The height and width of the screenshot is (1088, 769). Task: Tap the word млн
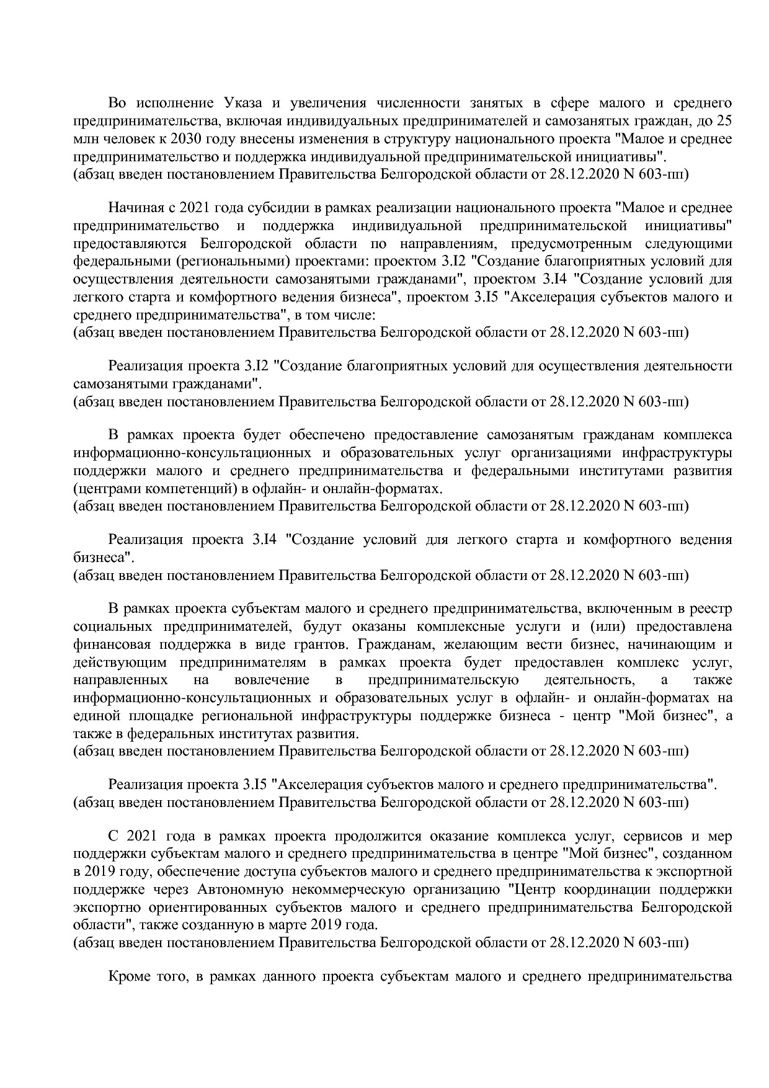tap(84, 138)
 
